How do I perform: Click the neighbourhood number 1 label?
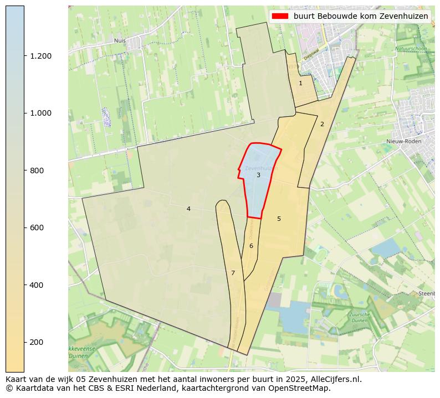(300, 83)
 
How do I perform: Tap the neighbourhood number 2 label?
(322, 124)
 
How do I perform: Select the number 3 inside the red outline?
(258, 175)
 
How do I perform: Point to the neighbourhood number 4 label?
(188, 209)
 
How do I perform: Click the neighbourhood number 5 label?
(279, 219)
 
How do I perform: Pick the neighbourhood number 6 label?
(251, 246)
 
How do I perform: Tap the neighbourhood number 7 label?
(233, 273)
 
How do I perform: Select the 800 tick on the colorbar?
(37, 170)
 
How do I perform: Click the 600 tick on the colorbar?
(37, 228)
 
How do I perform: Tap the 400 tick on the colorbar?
(37, 285)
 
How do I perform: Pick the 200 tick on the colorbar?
(37, 342)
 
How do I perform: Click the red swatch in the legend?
(280, 16)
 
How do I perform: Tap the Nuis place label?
(120, 40)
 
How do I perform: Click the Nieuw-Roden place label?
(403, 141)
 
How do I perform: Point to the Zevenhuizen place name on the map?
(259, 168)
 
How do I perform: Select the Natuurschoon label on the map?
(411, 49)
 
